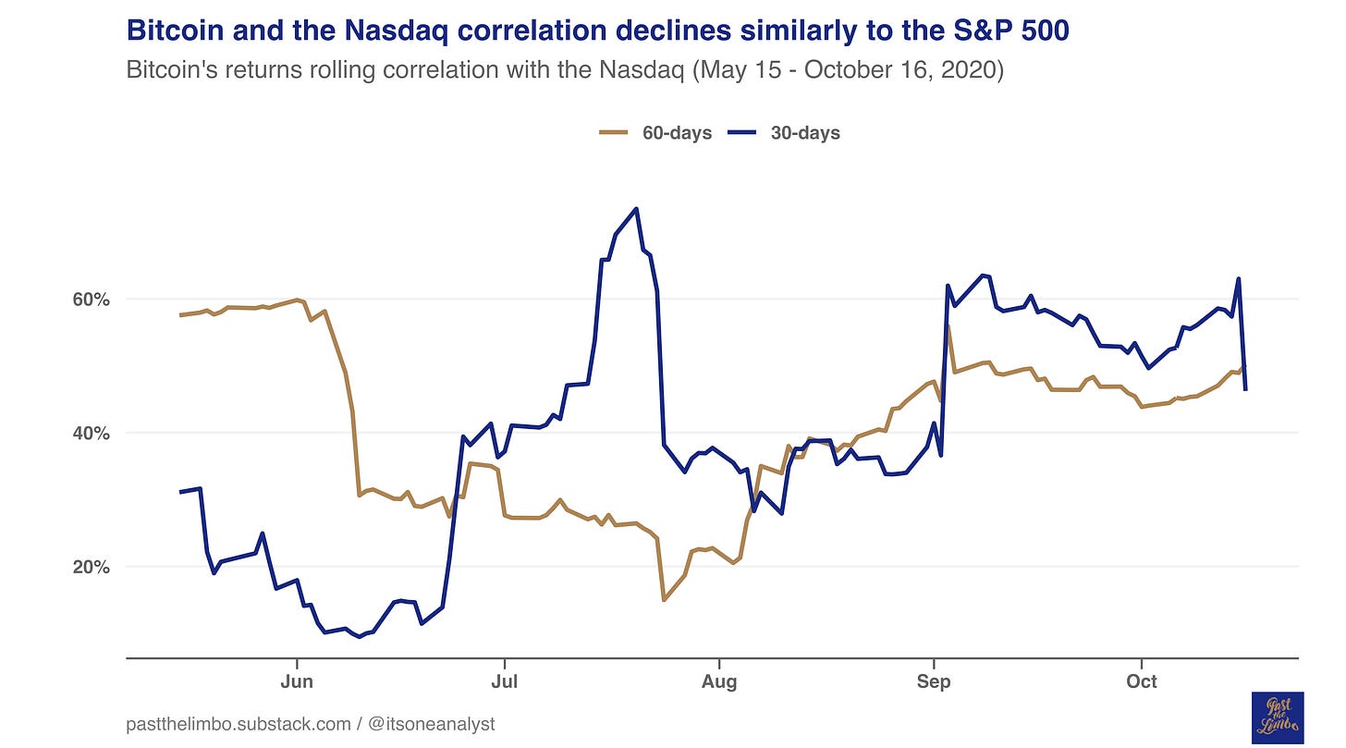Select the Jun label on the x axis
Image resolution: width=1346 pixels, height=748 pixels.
pos(297,681)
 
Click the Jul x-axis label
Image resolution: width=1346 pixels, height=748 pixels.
pos(504,681)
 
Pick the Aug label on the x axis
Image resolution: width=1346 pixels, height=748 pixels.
pos(718,681)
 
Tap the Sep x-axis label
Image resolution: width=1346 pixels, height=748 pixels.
pos(934,681)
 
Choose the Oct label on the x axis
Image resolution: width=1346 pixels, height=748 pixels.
pos(1142,681)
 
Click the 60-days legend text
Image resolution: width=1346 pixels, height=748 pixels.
pos(678,133)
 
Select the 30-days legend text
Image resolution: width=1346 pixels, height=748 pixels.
pos(805,133)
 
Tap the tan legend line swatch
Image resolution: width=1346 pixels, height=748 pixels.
pos(615,133)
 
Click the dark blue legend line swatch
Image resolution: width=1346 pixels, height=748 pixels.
pos(742,133)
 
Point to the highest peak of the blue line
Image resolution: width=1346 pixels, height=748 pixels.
pos(636,209)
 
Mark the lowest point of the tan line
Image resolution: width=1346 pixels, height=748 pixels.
pos(664,600)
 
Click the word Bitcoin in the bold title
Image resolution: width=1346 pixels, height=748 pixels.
pos(173,31)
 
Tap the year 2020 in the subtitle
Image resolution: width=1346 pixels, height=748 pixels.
pos(971,70)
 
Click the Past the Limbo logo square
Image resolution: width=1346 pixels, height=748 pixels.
pos(1277,717)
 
